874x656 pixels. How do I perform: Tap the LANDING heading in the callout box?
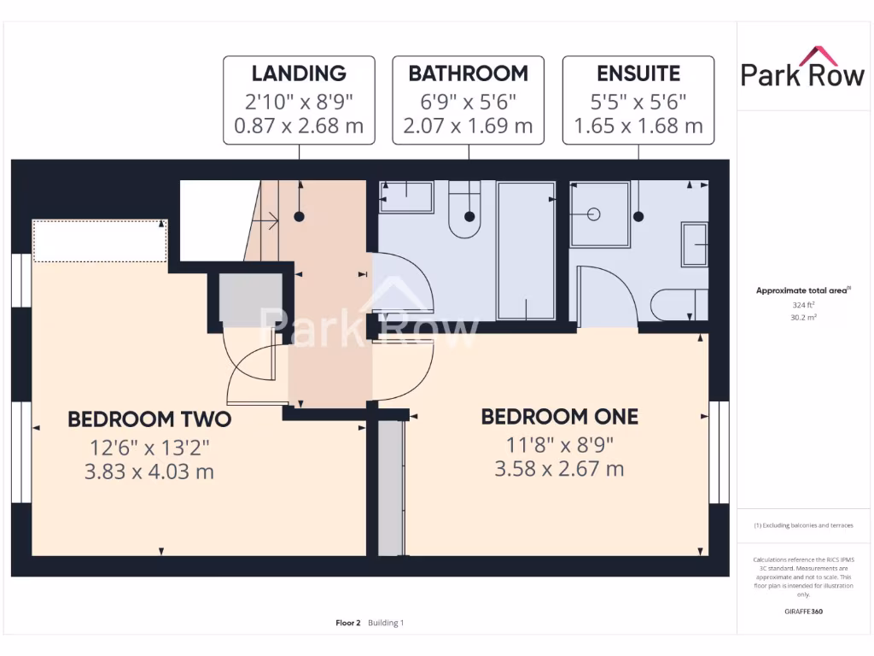[299, 73]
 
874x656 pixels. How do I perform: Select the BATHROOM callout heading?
[468, 73]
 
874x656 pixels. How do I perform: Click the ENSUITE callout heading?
[638, 73]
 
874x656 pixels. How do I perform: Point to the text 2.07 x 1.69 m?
[468, 126]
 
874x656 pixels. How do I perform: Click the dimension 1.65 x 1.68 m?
[638, 126]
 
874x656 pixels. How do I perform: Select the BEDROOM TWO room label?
[149, 419]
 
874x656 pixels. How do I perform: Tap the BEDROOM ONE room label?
[559, 417]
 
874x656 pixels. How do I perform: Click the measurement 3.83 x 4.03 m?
[149, 471]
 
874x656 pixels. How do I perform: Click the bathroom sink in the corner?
[406, 197]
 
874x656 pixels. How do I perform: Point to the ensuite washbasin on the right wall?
[695, 244]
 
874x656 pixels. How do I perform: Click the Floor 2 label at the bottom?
[348, 623]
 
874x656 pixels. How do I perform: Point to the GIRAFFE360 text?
[802, 612]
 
